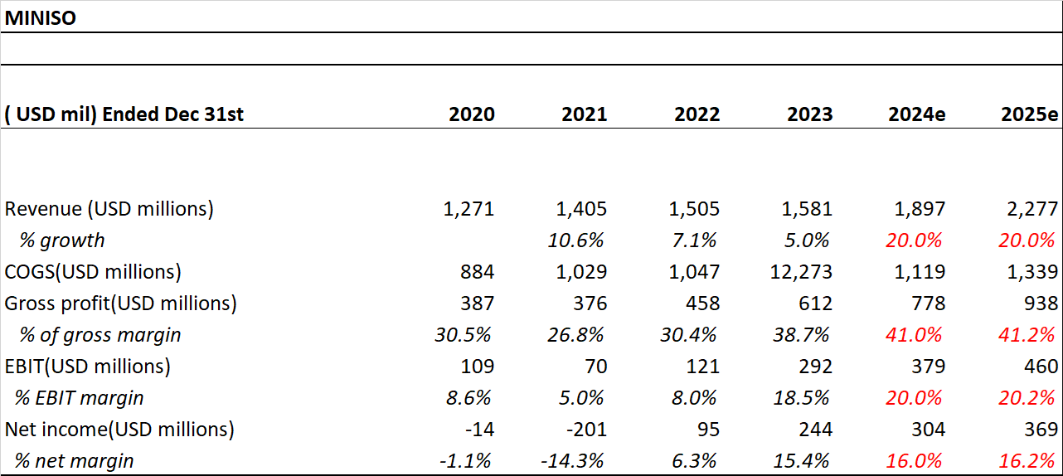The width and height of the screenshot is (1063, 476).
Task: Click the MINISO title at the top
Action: click(41, 17)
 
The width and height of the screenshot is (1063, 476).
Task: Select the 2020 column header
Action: click(471, 114)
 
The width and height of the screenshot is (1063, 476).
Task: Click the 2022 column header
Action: click(697, 114)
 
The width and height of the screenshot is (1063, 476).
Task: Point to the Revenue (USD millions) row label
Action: click(109, 209)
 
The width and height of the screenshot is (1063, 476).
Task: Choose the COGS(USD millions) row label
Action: click(93, 272)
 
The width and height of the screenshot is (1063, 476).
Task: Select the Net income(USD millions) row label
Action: click(119, 430)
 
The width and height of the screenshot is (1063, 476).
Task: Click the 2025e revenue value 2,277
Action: click(1035, 209)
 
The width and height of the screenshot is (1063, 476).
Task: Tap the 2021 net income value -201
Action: click(585, 430)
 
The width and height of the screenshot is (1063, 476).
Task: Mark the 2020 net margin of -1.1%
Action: click(468, 461)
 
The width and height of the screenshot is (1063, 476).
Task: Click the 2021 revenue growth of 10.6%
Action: click(576, 240)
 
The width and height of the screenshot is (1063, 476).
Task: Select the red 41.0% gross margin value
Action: click(914, 335)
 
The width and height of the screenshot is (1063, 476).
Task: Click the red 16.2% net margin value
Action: click(1027, 461)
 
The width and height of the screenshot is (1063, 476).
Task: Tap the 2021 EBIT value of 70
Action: click(594, 367)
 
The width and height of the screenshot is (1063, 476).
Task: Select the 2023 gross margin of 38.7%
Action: click(802, 335)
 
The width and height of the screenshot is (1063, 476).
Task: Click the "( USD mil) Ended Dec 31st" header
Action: click(124, 114)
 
